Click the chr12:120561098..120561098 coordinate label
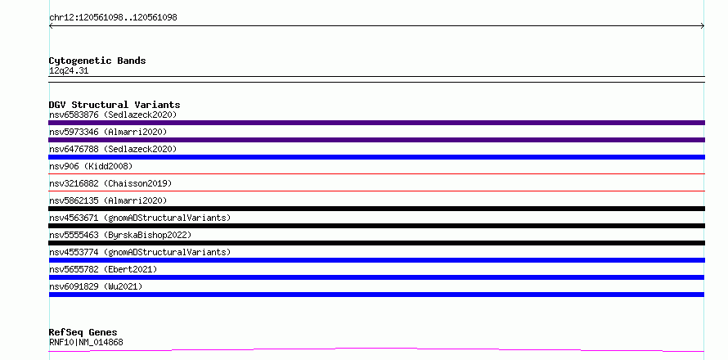pos(113,18)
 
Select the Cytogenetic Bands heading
pos(97,61)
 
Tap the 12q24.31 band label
pos(69,71)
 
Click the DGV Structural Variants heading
pos(115,105)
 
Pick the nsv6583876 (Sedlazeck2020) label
pos(113,115)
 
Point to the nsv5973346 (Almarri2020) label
pos(108,132)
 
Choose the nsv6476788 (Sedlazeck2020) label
pos(113,149)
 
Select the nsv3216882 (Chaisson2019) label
pos(110,183)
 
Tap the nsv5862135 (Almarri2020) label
pos(108,200)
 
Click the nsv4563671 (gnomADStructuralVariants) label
pos(140,218)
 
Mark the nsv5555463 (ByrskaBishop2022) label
pos(120,235)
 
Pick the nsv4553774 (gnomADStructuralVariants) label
pos(140,252)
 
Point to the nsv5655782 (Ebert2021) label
pos(103,269)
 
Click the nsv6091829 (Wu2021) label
pos(96,286)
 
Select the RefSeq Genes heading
pos(83,333)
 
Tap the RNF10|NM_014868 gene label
pos(86,343)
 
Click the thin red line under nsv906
pos(376,174)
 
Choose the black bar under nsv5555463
pos(376,243)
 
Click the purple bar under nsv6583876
pos(376,123)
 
